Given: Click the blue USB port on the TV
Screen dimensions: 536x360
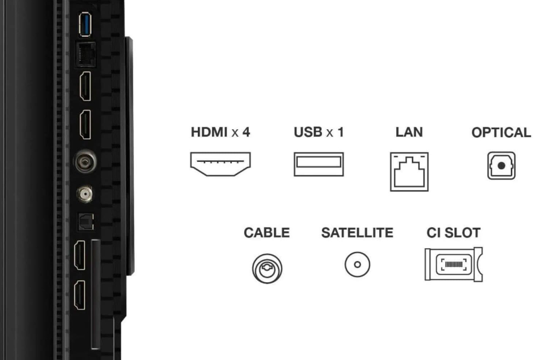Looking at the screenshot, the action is (x=85, y=24).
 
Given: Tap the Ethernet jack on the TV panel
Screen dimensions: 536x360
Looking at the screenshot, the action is (x=85, y=55).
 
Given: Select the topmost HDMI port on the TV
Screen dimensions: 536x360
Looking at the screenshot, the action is (x=85, y=86).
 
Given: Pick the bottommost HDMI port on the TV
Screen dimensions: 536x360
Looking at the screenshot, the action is (x=79, y=295).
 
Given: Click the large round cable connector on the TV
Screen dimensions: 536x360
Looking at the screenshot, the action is (x=85, y=161).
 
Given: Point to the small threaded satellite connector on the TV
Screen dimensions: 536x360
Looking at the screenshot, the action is (x=85, y=194).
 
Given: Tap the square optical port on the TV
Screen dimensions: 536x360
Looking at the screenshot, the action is (x=86, y=222).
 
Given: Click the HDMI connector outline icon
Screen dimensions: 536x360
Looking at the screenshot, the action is (x=220, y=164).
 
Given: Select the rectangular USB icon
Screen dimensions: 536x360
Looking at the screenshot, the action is (x=319, y=164).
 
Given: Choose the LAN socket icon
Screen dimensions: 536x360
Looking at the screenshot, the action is (x=409, y=172).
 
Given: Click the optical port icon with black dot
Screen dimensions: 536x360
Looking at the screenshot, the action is (x=501, y=166).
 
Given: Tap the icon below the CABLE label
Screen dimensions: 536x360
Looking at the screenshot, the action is (x=267, y=269).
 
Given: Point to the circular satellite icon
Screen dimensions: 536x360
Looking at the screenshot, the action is (x=357, y=264).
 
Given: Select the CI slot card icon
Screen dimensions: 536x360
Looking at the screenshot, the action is (x=453, y=264).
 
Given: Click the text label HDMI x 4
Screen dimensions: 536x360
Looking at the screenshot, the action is (x=220, y=132).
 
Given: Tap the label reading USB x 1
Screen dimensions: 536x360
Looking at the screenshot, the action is (x=319, y=132).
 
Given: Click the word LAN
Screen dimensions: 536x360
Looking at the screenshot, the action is (x=409, y=132).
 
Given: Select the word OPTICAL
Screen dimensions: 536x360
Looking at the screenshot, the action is (x=501, y=132).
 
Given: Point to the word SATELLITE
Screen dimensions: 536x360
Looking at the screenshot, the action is (x=357, y=233).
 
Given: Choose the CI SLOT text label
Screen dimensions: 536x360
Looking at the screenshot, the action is (x=453, y=233).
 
